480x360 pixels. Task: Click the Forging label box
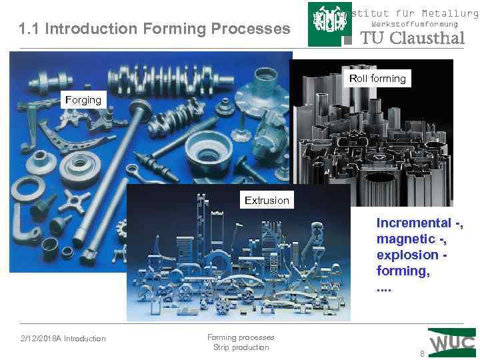click(x=83, y=100)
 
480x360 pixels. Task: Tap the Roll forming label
click(x=377, y=79)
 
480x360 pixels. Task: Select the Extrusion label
click(x=267, y=200)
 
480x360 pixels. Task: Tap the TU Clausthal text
click(x=411, y=38)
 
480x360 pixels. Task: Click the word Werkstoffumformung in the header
click(x=414, y=24)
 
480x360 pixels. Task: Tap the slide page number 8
click(x=421, y=353)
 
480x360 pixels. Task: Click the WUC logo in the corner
click(x=453, y=343)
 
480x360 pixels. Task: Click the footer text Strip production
click(x=241, y=347)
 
